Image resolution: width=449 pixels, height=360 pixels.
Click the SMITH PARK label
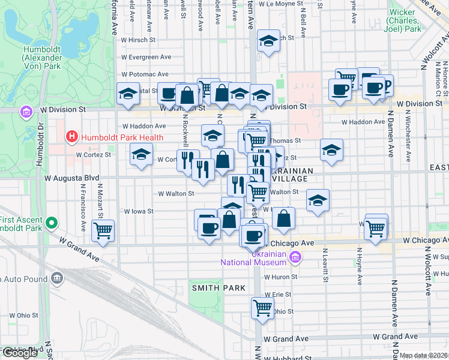tap(218, 288)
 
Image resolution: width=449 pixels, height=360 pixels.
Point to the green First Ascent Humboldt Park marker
tap(52, 224)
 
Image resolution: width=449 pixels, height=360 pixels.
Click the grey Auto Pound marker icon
tap(57, 278)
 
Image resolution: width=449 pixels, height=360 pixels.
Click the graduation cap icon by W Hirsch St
tap(268, 41)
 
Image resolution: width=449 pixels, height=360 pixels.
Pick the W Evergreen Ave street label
tap(146, 57)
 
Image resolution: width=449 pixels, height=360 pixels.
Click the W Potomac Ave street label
tap(145, 74)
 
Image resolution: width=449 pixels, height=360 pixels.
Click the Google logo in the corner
tap(19, 352)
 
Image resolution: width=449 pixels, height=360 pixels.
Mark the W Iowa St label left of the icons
tap(139, 211)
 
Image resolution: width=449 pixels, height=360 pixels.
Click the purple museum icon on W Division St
tap(26, 112)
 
